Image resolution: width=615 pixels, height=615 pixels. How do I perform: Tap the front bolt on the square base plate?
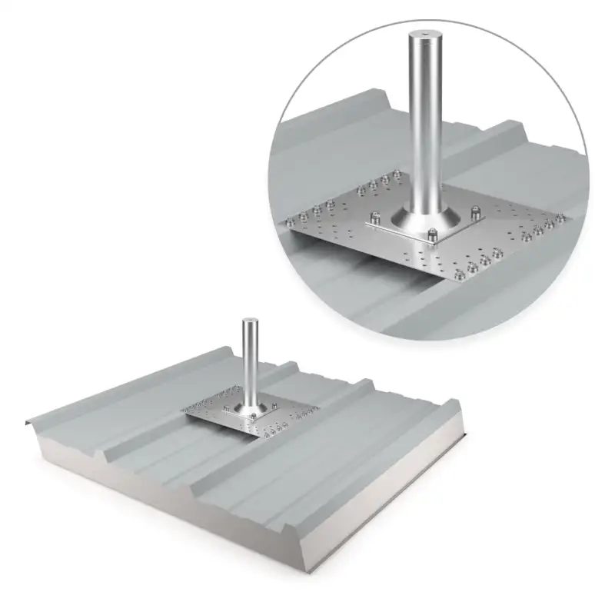pyautogui.click(x=432, y=234)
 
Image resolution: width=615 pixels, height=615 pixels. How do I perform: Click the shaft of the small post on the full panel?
pyautogui.click(x=248, y=361)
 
